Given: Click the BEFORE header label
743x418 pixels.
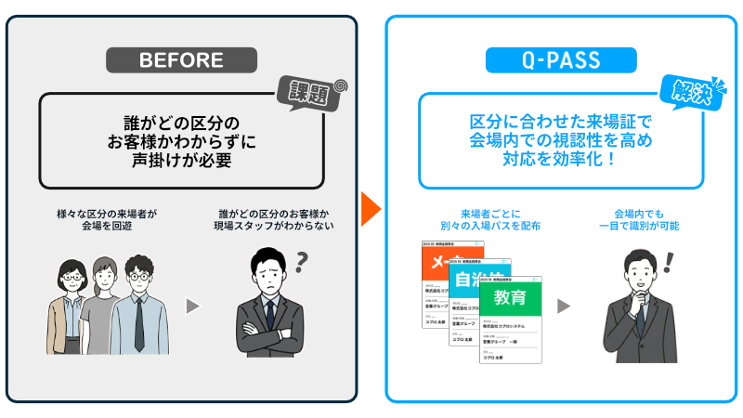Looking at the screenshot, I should pos(181,60).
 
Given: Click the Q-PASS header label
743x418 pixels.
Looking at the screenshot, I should pos(561,60).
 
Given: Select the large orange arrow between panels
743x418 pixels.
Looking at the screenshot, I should pos(370,209).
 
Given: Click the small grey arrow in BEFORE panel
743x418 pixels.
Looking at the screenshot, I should pos(193,306).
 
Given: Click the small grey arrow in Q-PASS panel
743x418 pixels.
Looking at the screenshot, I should pos(564,306).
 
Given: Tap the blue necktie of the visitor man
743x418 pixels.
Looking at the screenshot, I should pos(137,320).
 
